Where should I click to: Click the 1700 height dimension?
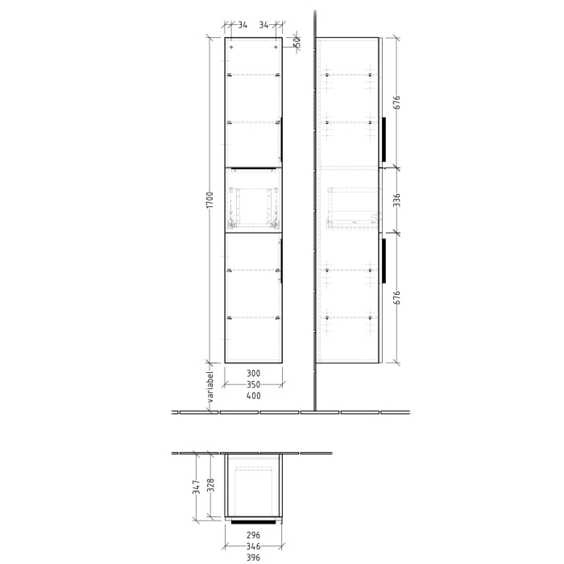pyautogui.click(x=209, y=201)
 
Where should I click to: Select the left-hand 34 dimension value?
pyautogui.click(x=243, y=25)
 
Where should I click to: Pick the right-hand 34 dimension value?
pyautogui.click(x=263, y=25)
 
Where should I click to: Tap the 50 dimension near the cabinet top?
pyautogui.click(x=297, y=42)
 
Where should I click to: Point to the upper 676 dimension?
pyautogui.click(x=396, y=102)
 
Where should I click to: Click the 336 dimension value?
pyautogui.click(x=396, y=201)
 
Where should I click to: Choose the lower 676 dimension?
pyautogui.click(x=396, y=297)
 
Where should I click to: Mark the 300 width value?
pyautogui.click(x=253, y=374)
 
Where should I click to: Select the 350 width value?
pyautogui.click(x=253, y=385)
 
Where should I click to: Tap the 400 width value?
pyautogui.click(x=253, y=396)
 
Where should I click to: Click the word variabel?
pyautogui.click(x=208, y=389)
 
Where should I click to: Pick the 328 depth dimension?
pyautogui.click(x=211, y=485)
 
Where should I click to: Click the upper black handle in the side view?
pyautogui.click(x=384, y=139)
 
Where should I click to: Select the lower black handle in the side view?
pyautogui.click(x=384, y=261)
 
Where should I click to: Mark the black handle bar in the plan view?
pyautogui.click(x=253, y=522)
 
